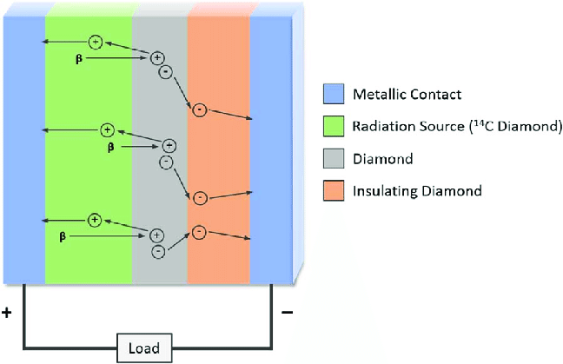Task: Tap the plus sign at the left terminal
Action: pyautogui.click(x=7, y=311)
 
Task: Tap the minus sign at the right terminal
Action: pyautogui.click(x=288, y=311)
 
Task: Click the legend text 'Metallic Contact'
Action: pyautogui.click(x=394, y=94)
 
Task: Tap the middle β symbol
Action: pyautogui.click(x=110, y=148)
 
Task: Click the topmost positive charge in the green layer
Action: pyautogui.click(x=96, y=42)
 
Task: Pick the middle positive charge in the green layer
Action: pyautogui.click(x=107, y=129)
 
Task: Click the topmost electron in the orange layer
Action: pyautogui.click(x=200, y=109)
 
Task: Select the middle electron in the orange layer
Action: pyautogui.click(x=199, y=198)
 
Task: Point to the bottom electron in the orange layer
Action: pyautogui.click(x=199, y=232)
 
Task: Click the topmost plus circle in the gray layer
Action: pyautogui.click(x=157, y=58)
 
